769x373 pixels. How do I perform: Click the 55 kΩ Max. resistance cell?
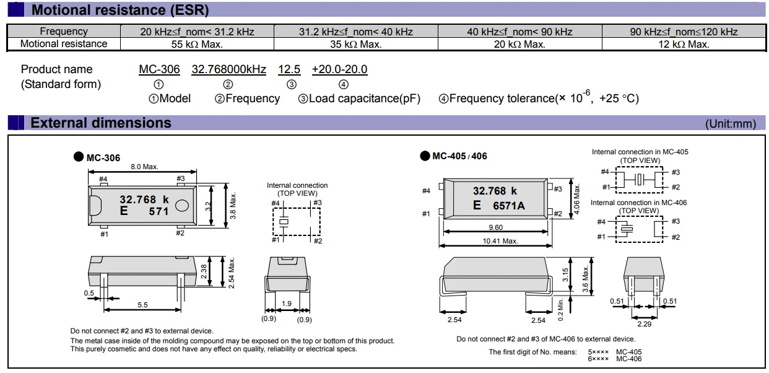tap(197, 44)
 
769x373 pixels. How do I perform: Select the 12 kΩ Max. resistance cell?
tap(684, 44)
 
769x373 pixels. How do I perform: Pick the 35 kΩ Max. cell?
tap(355, 44)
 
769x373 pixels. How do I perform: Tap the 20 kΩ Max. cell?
tap(519, 44)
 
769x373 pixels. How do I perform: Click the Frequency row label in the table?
tap(64, 32)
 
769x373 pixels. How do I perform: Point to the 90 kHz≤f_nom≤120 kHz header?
tap(684, 32)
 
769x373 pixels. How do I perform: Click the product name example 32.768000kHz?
tap(228, 69)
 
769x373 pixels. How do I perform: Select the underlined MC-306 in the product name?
tap(159, 69)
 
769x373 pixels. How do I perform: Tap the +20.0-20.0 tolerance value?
tap(339, 69)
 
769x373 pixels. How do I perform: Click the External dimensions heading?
tap(101, 123)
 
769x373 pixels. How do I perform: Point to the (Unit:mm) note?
tap(731, 124)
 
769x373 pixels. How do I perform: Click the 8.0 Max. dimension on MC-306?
tap(144, 167)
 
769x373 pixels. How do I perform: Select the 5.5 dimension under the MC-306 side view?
tap(142, 305)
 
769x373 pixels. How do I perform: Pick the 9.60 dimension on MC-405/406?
tap(495, 227)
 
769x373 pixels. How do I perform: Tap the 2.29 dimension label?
tap(644, 324)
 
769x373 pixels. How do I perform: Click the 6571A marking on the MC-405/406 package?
tap(508, 206)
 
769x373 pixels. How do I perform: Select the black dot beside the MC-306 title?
tap(78, 157)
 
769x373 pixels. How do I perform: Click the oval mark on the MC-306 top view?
tap(183, 205)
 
